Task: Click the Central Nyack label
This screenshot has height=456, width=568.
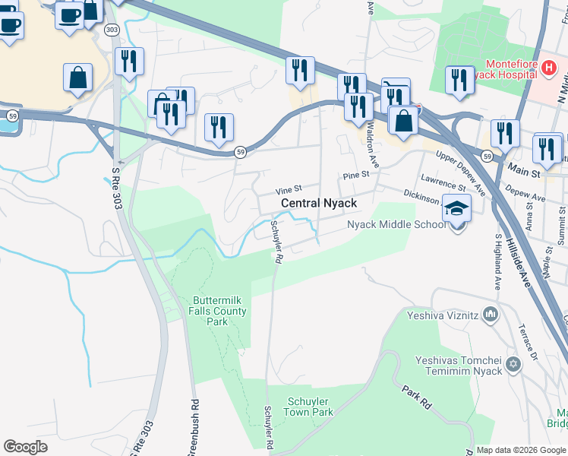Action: (x=319, y=204)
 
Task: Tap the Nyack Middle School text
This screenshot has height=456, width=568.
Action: (x=396, y=224)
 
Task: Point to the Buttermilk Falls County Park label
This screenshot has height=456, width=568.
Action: (x=220, y=311)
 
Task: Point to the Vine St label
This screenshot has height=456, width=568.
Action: (x=289, y=189)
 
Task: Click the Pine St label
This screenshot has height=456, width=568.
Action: (x=355, y=175)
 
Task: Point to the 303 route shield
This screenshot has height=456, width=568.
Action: (x=112, y=29)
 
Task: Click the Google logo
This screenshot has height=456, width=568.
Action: (x=25, y=447)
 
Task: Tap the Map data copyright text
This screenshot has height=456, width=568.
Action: (x=520, y=450)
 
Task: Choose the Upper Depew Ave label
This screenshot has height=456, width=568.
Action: (x=460, y=168)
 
